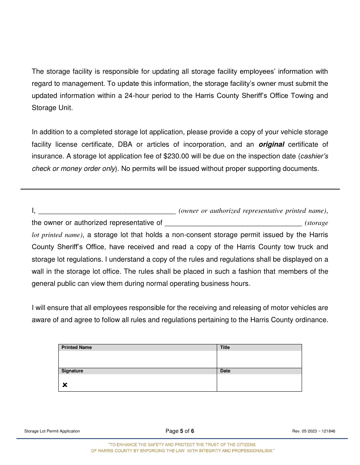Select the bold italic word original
271,144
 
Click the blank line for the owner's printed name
107,211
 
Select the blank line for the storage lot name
233,223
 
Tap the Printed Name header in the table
77,347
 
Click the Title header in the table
225,347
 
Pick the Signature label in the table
72,371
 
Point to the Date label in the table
225,371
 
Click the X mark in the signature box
65,385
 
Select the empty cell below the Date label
259,383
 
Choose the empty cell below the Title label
259,359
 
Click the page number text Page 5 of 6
180,431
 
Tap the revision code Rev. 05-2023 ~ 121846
314,431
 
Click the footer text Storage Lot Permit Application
52,431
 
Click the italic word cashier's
314,157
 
